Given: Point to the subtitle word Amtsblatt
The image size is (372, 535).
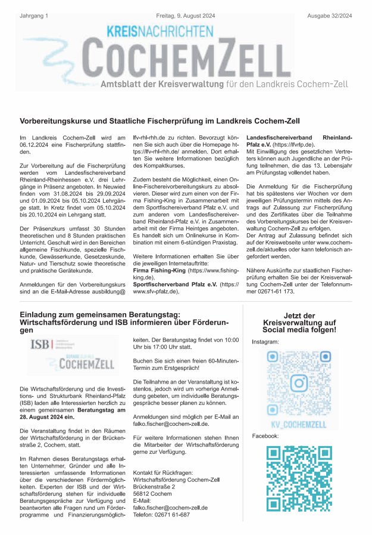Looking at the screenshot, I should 122,85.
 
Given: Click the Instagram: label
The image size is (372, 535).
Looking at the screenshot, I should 265,342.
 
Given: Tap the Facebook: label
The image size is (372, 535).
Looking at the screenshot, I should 265,437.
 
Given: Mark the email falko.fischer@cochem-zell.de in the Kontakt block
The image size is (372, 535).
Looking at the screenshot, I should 171,507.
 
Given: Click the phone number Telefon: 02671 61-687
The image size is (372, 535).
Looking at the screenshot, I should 161,514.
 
